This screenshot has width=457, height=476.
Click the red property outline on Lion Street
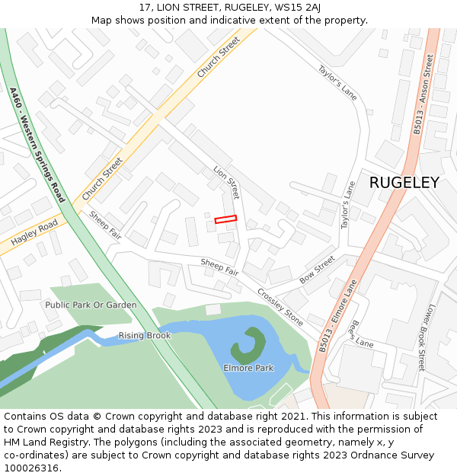(x=225, y=219)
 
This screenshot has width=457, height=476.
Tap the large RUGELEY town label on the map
(x=404, y=183)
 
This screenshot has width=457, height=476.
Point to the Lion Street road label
(x=226, y=183)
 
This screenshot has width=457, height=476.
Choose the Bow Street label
(x=317, y=270)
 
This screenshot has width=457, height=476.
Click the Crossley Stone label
(x=280, y=302)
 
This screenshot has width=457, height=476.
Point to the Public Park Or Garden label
(x=91, y=305)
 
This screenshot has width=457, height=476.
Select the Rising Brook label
(x=145, y=336)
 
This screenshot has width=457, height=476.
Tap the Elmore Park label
(x=248, y=368)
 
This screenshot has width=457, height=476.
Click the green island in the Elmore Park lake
(x=248, y=347)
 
